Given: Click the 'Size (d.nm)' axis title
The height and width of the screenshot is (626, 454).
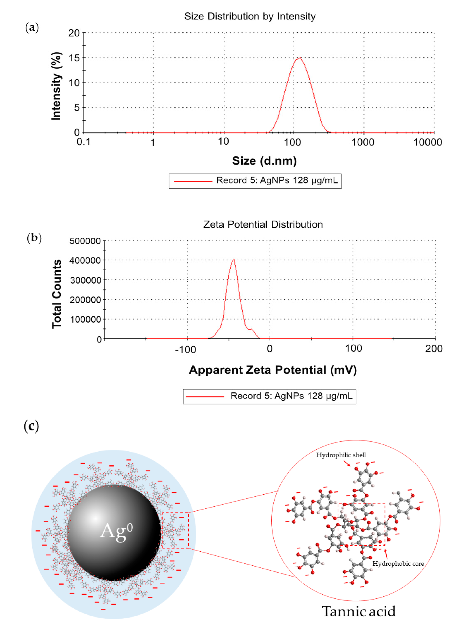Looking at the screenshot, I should click(264, 161).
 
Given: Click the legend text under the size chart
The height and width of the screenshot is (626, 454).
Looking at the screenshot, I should click(277, 181).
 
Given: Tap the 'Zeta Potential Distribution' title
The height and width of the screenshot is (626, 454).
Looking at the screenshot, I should click(263, 224).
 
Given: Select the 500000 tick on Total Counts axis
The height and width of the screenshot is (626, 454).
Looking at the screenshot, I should click(85, 241).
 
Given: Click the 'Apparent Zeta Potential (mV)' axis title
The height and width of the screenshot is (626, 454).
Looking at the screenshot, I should click(273, 370).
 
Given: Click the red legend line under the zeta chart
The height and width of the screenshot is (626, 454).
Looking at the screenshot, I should click(205, 397).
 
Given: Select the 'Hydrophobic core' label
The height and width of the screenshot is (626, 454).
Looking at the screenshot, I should click(398, 564).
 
